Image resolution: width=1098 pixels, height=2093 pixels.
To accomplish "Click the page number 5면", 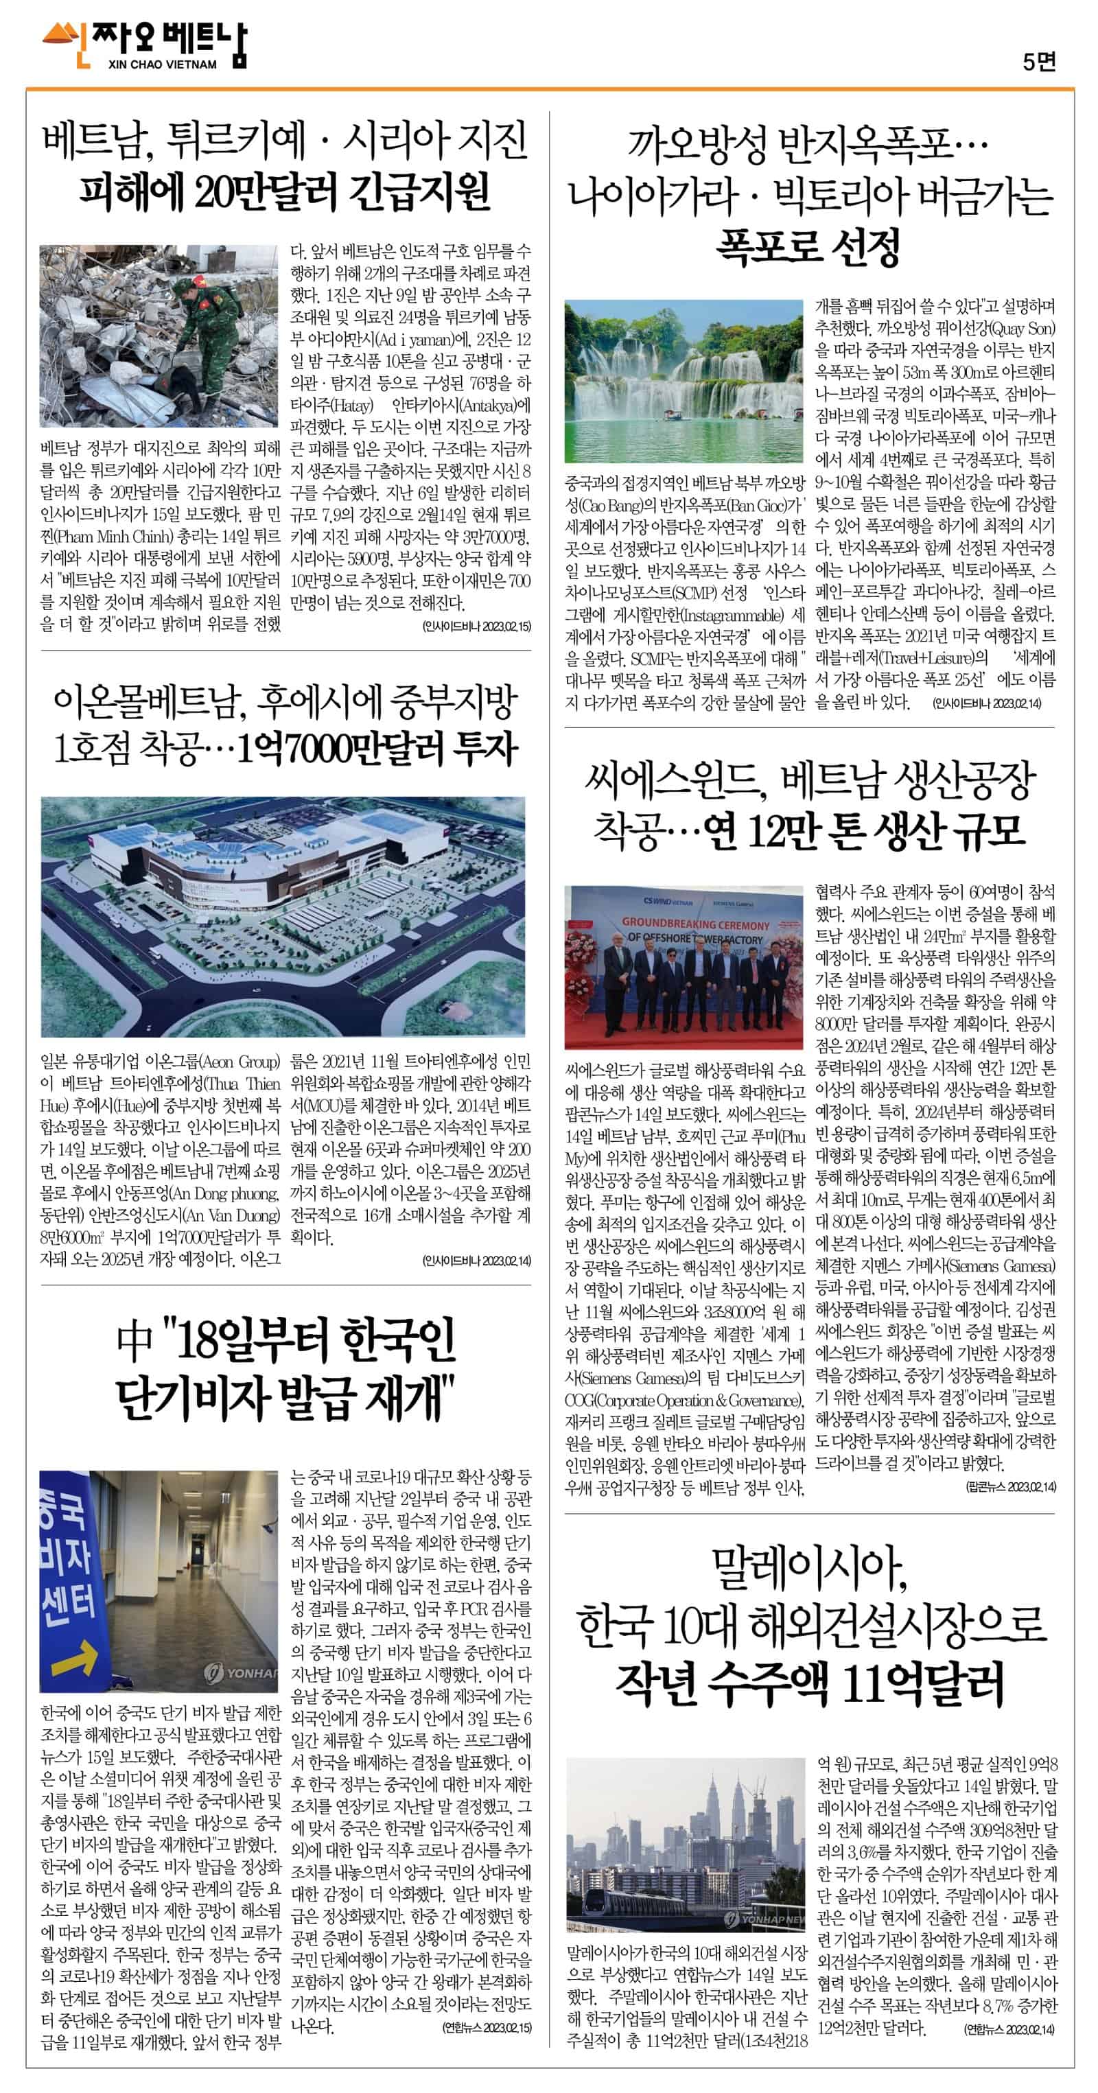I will click(x=1039, y=62).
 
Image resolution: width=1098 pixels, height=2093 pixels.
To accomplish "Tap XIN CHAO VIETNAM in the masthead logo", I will click(x=162, y=65).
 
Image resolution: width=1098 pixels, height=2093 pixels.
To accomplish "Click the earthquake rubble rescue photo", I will click(x=159, y=336).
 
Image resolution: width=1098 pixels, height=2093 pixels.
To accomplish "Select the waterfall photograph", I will click(x=684, y=380).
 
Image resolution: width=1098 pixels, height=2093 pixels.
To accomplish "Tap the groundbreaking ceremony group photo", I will click(x=684, y=966).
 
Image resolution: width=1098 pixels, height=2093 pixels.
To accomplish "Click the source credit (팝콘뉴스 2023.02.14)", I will click(x=1010, y=1487).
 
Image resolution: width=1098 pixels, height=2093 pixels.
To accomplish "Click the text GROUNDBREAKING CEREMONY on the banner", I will click(x=695, y=924).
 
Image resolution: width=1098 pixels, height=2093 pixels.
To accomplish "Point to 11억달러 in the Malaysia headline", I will click(x=923, y=1683).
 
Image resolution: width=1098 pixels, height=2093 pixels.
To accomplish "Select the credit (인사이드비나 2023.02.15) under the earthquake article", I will click(x=476, y=626).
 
